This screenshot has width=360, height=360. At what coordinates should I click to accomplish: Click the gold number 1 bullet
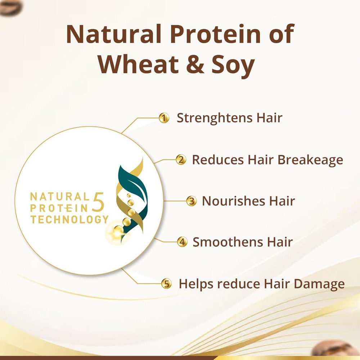point(164,118)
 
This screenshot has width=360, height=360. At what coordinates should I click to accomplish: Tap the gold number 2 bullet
point(181,159)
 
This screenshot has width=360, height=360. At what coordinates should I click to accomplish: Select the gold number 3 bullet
point(191,201)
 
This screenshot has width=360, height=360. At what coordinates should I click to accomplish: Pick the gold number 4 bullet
point(182,242)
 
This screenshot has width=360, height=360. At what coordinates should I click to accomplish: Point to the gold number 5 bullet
point(166,283)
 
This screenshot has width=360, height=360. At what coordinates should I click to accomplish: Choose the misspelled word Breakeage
point(310,160)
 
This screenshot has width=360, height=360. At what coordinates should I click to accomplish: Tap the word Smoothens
point(228,242)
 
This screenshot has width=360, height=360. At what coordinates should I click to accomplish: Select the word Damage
point(319,284)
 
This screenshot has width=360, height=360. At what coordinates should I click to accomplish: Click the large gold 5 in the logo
point(98,202)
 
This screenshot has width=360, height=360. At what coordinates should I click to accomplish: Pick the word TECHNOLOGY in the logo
point(69,219)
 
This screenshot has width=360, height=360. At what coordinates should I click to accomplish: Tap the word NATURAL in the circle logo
point(60,197)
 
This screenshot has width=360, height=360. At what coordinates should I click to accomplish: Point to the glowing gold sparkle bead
point(118,232)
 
